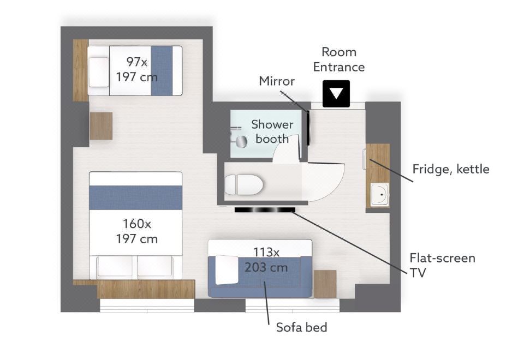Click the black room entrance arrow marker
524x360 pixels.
[x=336, y=93]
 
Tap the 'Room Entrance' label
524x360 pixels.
[x=339, y=59]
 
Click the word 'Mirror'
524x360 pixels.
[x=277, y=81]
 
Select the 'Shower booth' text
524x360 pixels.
[x=272, y=131]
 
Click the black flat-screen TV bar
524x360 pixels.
[x=265, y=209]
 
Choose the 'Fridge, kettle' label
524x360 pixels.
[x=451, y=169]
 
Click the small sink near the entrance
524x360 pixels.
[x=380, y=194]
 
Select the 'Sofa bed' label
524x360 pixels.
[x=301, y=327]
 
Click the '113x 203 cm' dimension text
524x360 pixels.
[x=266, y=260]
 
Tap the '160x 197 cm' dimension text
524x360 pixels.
[x=136, y=231]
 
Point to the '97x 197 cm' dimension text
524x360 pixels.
[x=136, y=69]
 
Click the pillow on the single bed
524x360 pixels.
[x=99, y=72]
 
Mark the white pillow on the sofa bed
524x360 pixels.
[x=227, y=270]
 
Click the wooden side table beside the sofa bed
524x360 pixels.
[x=325, y=284]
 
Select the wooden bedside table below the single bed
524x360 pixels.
[x=101, y=126]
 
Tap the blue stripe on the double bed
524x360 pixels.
[x=136, y=197]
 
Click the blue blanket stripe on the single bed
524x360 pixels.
[x=162, y=70]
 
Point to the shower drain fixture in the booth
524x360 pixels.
[x=241, y=141]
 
